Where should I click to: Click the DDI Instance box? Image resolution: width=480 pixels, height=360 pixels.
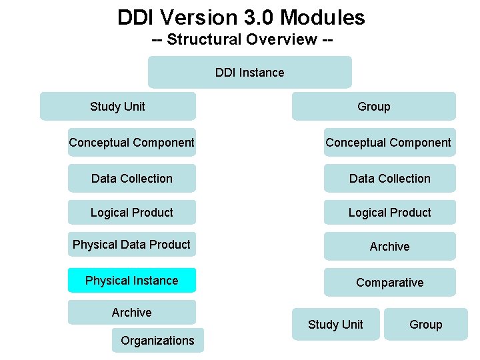point(249,72)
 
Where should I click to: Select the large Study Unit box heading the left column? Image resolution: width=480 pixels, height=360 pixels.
point(118,106)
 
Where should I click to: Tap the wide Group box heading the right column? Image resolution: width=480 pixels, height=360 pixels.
point(373,106)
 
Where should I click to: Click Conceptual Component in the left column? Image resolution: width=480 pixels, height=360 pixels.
point(132,142)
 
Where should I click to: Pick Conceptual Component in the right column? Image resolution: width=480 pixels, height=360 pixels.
point(389,142)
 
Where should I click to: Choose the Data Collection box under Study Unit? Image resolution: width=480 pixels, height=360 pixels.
point(132,178)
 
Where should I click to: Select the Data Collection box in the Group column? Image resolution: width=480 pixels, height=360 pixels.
point(389,178)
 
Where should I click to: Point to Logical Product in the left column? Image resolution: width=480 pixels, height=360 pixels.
point(132,212)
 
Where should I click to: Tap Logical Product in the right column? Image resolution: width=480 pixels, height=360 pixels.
point(389,212)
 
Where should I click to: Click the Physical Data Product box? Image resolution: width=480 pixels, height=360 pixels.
point(132,245)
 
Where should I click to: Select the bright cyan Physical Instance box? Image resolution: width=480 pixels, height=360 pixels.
point(132,280)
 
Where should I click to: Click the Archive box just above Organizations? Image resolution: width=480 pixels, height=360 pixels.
point(132,312)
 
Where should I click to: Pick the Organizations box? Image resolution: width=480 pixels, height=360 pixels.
point(157,340)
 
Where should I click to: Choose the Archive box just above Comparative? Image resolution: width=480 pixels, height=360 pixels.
point(389,246)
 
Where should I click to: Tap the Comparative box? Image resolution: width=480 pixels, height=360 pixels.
point(389,282)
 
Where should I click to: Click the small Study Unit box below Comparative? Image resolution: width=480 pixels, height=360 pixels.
point(335,324)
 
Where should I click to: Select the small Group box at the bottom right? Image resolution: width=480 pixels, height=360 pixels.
point(425,324)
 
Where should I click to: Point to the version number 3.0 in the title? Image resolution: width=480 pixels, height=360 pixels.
point(256,17)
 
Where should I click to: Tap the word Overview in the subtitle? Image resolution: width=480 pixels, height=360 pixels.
point(282,39)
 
